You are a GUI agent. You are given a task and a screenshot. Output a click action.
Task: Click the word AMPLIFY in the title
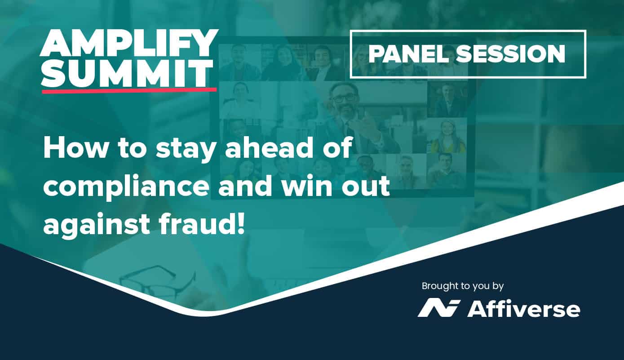[129, 43]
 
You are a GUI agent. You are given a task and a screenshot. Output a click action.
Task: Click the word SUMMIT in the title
[127, 72]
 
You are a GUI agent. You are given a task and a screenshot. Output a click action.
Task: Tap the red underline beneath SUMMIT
[129, 90]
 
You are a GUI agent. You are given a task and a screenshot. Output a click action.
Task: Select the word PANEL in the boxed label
[409, 54]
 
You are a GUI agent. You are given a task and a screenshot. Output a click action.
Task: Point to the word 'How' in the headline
[75, 149]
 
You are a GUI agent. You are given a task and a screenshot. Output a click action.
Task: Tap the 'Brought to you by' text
[463, 286]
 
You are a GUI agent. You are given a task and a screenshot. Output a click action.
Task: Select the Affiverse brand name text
[523, 309]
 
